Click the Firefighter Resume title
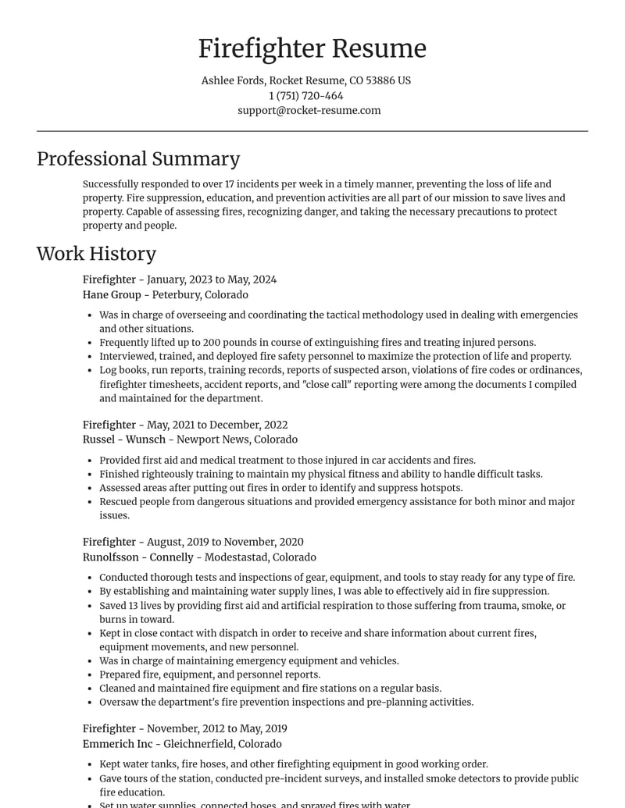pos(312,48)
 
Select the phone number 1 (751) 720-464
pos(306,96)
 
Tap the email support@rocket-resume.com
pos(309,111)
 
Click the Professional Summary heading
pos(138,159)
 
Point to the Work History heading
pos(96,254)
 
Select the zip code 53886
pos(380,80)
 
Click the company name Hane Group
pos(112,295)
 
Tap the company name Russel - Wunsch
pos(124,440)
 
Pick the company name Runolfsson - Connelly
pos(137,557)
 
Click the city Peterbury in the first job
pos(177,295)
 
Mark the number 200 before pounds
pos(212,343)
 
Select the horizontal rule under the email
pos(312,131)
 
